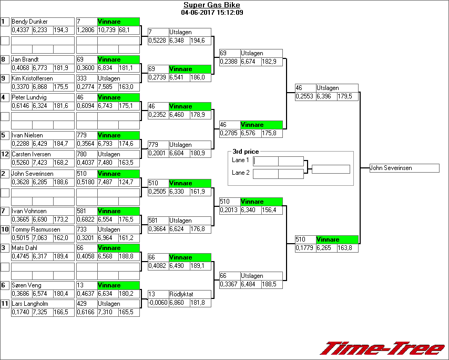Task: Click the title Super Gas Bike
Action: coord(211,5)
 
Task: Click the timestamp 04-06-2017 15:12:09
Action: coord(211,12)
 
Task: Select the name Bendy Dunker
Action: coord(30,22)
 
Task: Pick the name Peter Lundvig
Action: coord(30,97)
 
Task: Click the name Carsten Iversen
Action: coord(32,154)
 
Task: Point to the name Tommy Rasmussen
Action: coord(33,229)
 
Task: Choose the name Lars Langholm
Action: coord(30,304)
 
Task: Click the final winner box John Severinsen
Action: coord(404,168)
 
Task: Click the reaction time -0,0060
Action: coord(158,303)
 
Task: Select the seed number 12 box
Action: coord(5,154)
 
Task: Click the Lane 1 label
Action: coord(240,160)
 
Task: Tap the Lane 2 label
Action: coord(240,173)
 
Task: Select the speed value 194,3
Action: coord(63,31)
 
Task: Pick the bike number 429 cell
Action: coord(86,304)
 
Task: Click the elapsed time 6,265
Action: coord(326,248)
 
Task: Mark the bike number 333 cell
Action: coord(86,78)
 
